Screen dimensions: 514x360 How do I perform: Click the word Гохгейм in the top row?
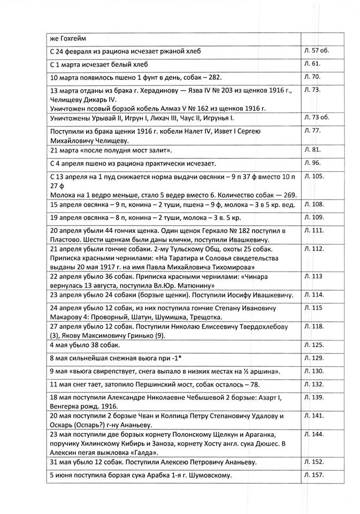(70, 38)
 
